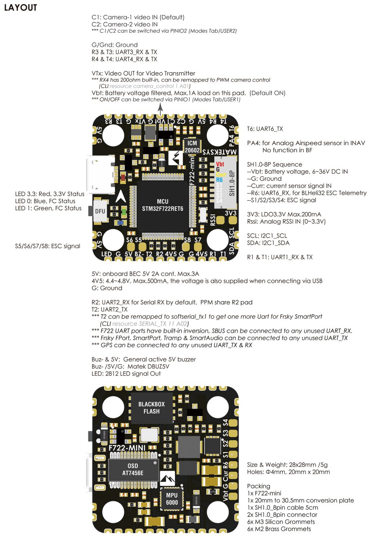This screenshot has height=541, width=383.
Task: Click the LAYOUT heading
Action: pos(21,8)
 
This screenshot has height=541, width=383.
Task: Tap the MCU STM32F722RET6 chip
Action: pos(162,205)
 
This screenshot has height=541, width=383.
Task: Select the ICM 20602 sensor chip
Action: pos(192,146)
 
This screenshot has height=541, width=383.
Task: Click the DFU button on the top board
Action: pos(100,211)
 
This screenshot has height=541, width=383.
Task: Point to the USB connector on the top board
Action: pos(100,175)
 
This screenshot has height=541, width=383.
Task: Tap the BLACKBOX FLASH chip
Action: pos(151,408)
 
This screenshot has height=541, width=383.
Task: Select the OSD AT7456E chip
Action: pos(133,470)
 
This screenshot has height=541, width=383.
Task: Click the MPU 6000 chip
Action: pos(172,499)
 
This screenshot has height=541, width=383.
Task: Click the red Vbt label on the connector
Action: pos(220,164)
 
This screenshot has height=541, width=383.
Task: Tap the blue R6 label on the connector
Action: pos(219,180)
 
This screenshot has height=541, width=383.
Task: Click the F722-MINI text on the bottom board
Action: pos(127,448)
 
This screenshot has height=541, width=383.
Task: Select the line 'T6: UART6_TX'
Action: pos(265,129)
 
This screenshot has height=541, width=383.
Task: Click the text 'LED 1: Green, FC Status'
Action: pos(48,208)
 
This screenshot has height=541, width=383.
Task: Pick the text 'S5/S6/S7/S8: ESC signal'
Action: pos(48,246)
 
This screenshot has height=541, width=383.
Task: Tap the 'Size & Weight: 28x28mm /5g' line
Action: pos(287,465)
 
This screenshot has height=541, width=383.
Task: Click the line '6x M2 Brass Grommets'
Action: pos(279,529)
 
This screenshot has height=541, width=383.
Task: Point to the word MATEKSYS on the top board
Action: pos(220,152)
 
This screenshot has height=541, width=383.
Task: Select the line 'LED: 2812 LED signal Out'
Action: pos(126,374)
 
